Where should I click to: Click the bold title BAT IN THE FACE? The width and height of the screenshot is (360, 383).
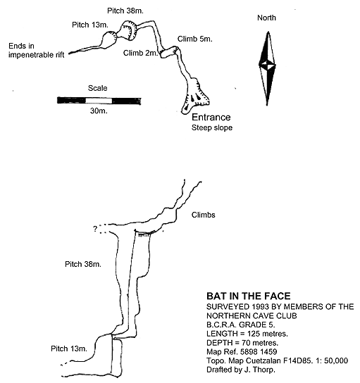pos(248,296)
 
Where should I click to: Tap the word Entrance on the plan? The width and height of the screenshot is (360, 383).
pos(211,118)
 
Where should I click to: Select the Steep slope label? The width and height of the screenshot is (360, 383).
pos(212,127)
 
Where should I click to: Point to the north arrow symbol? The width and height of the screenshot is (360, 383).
pos(268,68)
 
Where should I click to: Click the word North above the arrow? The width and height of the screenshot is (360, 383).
pos(266,18)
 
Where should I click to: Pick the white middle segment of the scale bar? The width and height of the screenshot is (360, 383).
pos(99,101)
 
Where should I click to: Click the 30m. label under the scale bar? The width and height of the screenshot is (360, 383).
pos(99,111)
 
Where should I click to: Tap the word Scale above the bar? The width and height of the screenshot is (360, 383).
pos(97,88)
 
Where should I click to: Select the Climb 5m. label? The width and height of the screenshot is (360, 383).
pos(194,39)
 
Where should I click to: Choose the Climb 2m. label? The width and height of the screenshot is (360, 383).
pos(140,53)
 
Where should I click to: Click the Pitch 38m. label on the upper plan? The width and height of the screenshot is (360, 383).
pos(125,11)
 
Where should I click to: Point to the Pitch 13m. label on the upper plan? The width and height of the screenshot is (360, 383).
pos(90,25)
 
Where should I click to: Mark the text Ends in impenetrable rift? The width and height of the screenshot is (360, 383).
pos(37,50)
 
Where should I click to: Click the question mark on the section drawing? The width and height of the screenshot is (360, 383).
pos(95,229)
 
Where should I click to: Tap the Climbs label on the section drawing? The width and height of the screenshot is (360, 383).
pos(204,215)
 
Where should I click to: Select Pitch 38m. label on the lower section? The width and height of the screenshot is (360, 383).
pos(83,264)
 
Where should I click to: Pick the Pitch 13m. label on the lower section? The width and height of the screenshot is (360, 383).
pos(69,349)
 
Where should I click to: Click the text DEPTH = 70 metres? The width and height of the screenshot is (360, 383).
pos(242,343)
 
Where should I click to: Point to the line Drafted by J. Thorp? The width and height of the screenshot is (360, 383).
pos(241,370)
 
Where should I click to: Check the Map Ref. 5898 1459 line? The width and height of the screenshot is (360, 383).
pos(242,352)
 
